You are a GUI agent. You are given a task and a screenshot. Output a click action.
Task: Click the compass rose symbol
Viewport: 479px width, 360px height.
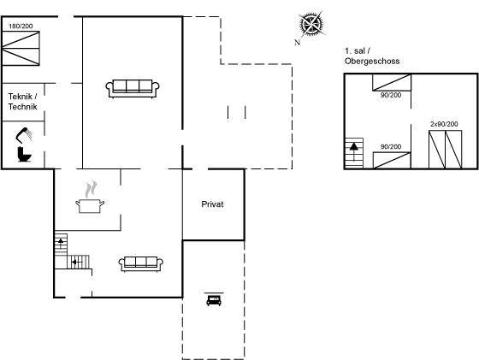pyautogui.click(x=311, y=23)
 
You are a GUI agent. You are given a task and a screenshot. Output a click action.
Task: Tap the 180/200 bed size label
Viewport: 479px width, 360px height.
pyautogui.click(x=21, y=27)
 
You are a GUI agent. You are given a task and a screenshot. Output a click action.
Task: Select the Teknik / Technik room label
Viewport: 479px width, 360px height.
pyautogui.click(x=22, y=102)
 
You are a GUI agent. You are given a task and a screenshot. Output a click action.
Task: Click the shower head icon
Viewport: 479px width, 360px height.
pyautogui.click(x=24, y=135)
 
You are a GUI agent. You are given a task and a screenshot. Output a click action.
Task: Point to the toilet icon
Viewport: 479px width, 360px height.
pyautogui.click(x=25, y=154)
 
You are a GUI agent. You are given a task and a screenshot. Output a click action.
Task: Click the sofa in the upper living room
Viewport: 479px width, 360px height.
pyautogui.click(x=133, y=89)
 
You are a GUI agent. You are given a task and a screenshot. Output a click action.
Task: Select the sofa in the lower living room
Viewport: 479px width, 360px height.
pyautogui.click(x=141, y=264)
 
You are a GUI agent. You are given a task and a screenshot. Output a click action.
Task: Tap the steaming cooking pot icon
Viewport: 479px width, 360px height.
pyautogui.click(x=90, y=198)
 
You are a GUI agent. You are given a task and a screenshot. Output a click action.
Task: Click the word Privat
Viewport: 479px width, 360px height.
pyautogui.click(x=212, y=204)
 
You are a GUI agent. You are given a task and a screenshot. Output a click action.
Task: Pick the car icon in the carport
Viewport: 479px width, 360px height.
pyautogui.click(x=214, y=299)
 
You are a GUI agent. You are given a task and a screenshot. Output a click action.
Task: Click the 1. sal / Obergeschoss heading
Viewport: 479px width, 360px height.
pyautogui.click(x=372, y=56)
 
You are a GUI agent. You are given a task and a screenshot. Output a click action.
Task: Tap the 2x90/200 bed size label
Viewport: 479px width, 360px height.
pyautogui.click(x=444, y=124)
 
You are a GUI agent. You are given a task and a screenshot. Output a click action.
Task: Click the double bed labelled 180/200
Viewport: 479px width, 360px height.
pyautogui.click(x=21, y=48)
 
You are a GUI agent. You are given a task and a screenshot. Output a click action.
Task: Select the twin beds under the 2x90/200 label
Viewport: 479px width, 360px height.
pyautogui.click(x=445, y=150)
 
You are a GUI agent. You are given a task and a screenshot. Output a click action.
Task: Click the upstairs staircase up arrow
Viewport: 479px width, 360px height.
pyautogui.click(x=354, y=151)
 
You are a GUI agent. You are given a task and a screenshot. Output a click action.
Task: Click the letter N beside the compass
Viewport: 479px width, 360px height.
pyautogui.click(x=298, y=43)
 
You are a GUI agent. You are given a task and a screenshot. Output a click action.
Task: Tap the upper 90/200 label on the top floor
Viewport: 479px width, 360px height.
pyautogui.click(x=391, y=95)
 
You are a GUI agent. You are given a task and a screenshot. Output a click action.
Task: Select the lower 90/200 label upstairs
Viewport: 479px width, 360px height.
pyautogui.click(x=391, y=147)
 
